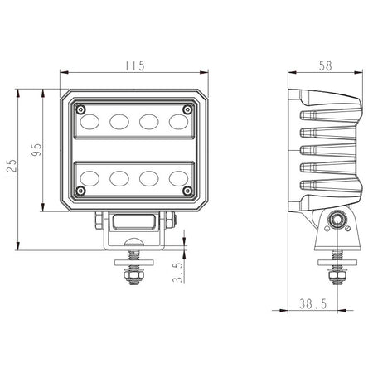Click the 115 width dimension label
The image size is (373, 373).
[x=135, y=65]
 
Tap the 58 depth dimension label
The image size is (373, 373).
[x=325, y=66]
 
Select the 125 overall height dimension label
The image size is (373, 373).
[x=12, y=168]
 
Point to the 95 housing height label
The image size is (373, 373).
[x=36, y=149]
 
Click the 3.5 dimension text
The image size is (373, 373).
[x=178, y=273]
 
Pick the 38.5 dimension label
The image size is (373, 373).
[x=313, y=304]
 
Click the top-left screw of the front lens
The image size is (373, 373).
[x=80, y=109]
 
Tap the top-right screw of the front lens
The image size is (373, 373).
[x=187, y=109]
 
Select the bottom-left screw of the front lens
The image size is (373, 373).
[x=80, y=191]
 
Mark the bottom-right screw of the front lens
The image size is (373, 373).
[x=187, y=191]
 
